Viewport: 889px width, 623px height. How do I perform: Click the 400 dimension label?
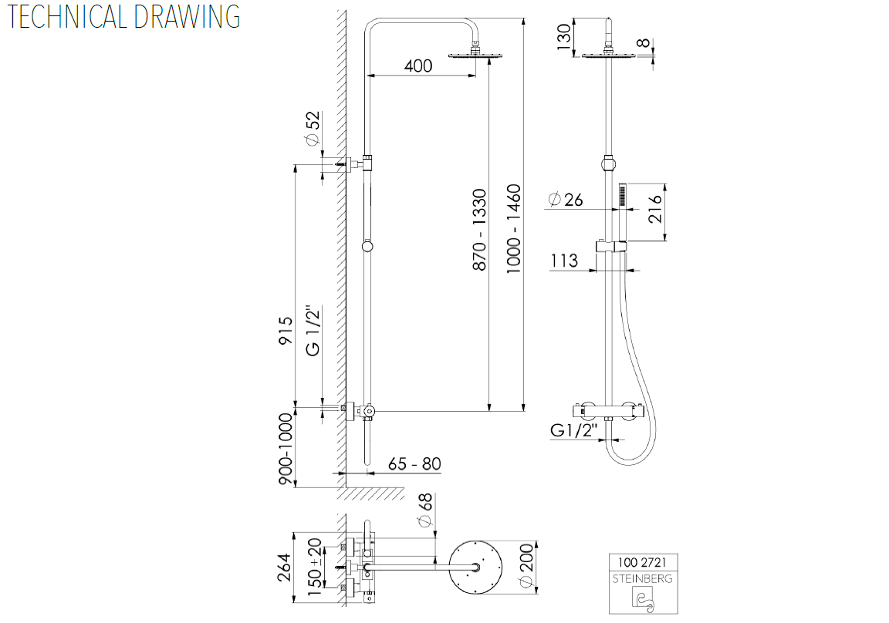point(417,66)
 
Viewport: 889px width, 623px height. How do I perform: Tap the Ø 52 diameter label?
point(312,128)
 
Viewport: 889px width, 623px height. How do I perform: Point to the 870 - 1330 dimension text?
point(479,229)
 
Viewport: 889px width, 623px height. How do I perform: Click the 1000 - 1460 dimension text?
point(513,229)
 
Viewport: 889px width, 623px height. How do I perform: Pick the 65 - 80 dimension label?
point(414,464)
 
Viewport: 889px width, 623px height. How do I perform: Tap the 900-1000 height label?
point(286,449)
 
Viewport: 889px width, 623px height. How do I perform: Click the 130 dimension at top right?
point(563,37)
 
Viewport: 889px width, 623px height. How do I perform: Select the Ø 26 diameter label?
point(566,200)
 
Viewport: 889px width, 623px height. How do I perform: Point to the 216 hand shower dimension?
point(655,209)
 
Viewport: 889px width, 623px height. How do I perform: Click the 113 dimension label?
point(564,261)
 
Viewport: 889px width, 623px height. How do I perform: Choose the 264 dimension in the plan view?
point(284,567)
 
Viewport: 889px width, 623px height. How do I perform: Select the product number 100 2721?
point(642,562)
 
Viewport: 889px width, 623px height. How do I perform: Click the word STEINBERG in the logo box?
point(642,579)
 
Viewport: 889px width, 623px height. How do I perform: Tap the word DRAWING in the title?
point(187,16)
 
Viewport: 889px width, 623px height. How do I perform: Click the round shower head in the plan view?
point(475,567)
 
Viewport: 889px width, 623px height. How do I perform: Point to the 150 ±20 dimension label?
point(315,567)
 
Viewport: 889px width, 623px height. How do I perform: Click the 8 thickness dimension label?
point(642,43)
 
